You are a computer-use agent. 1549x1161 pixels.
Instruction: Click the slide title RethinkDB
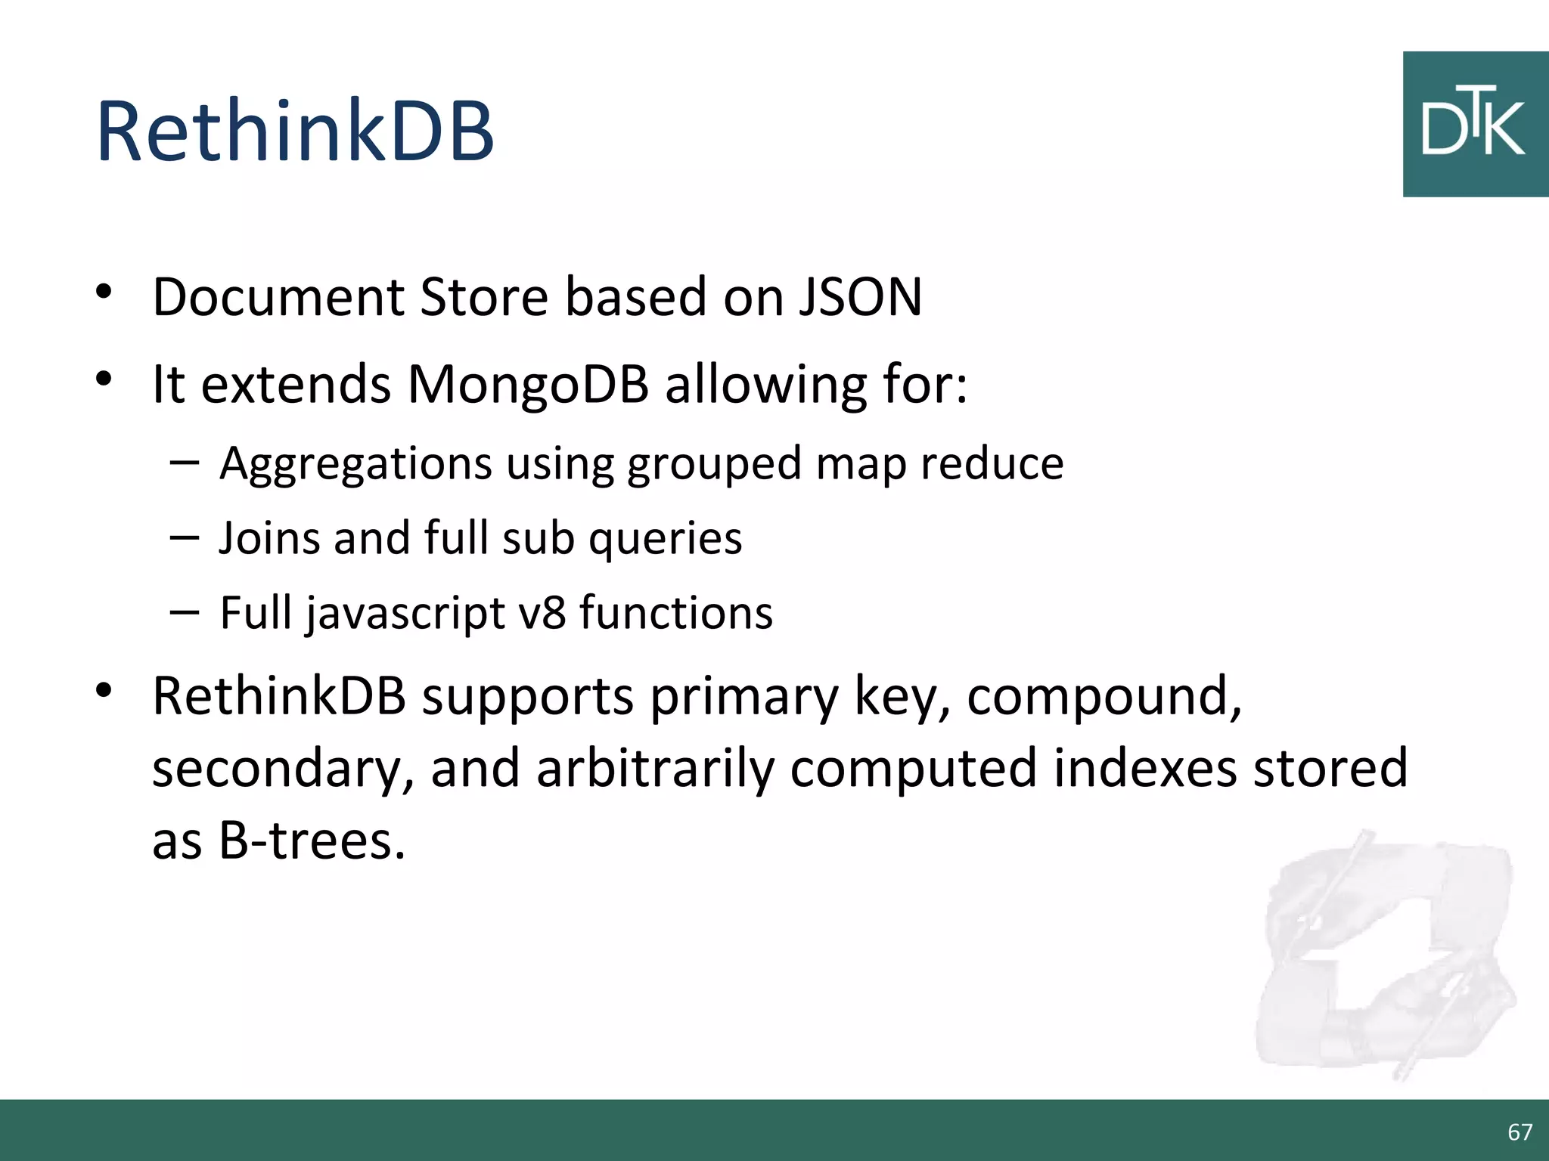click(295, 132)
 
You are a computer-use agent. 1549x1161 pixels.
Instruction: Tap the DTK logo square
click(1475, 125)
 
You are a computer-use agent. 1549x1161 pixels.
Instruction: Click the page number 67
click(1520, 1132)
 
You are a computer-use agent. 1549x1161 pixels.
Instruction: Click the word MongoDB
click(528, 384)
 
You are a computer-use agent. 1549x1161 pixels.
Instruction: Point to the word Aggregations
click(355, 463)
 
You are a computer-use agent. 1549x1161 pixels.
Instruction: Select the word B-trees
click(312, 841)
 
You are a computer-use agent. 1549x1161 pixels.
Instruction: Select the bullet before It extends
click(104, 379)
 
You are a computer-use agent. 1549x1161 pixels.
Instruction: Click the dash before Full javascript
click(185, 611)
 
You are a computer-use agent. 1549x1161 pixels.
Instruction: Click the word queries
click(665, 539)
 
